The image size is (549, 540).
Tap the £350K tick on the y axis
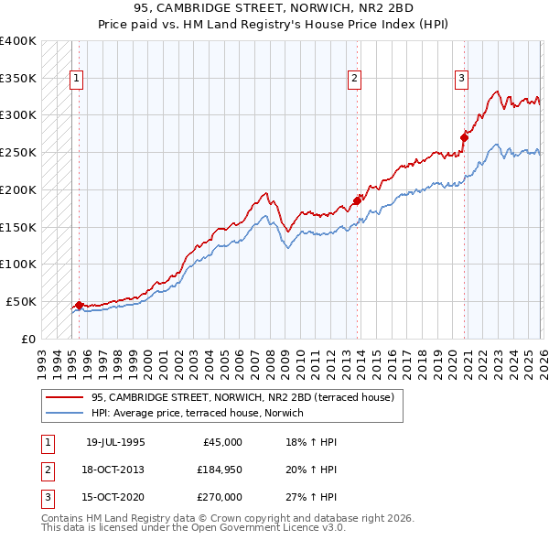point(18,78)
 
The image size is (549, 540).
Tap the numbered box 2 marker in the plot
point(353,79)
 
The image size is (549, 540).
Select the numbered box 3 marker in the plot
point(461,79)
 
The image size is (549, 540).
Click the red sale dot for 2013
point(357,200)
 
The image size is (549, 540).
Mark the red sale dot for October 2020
point(464,137)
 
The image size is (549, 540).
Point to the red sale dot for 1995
point(79,305)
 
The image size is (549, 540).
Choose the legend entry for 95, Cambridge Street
point(242,397)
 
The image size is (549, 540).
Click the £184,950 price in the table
point(220,470)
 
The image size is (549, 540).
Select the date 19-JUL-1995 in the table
point(115,442)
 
